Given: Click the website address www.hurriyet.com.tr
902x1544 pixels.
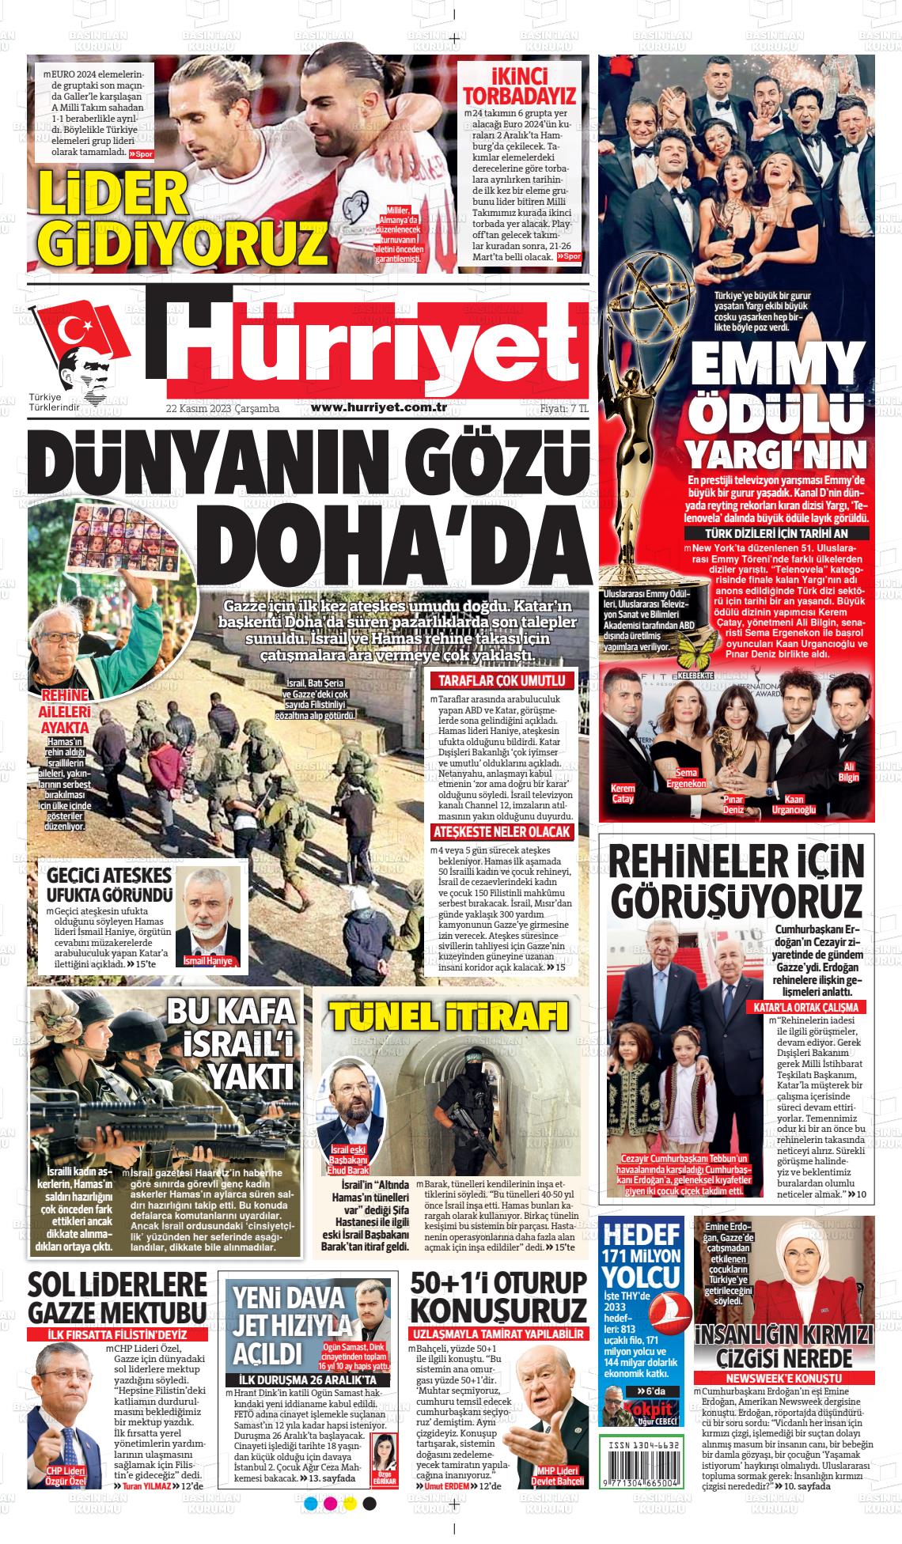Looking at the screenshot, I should (380, 407).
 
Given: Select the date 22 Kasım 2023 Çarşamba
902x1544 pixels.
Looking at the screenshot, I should (223, 408).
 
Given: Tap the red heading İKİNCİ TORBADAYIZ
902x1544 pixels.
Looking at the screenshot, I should (519, 86).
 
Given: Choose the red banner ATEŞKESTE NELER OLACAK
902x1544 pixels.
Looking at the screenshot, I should (502, 832).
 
